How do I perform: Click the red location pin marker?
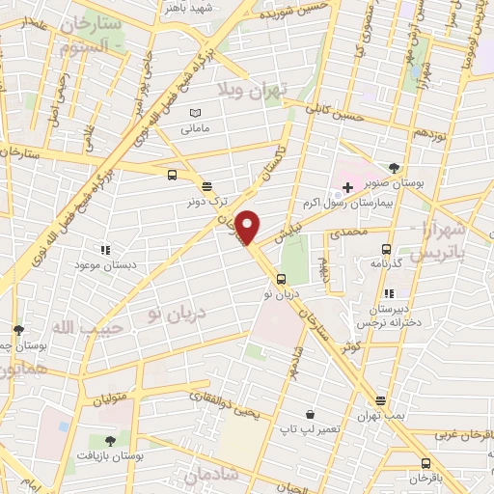tap(248, 227)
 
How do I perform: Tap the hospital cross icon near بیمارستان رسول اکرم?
tap(347, 185)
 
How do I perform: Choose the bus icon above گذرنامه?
tap(387, 247)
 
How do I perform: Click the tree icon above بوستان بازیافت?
tap(110, 440)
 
